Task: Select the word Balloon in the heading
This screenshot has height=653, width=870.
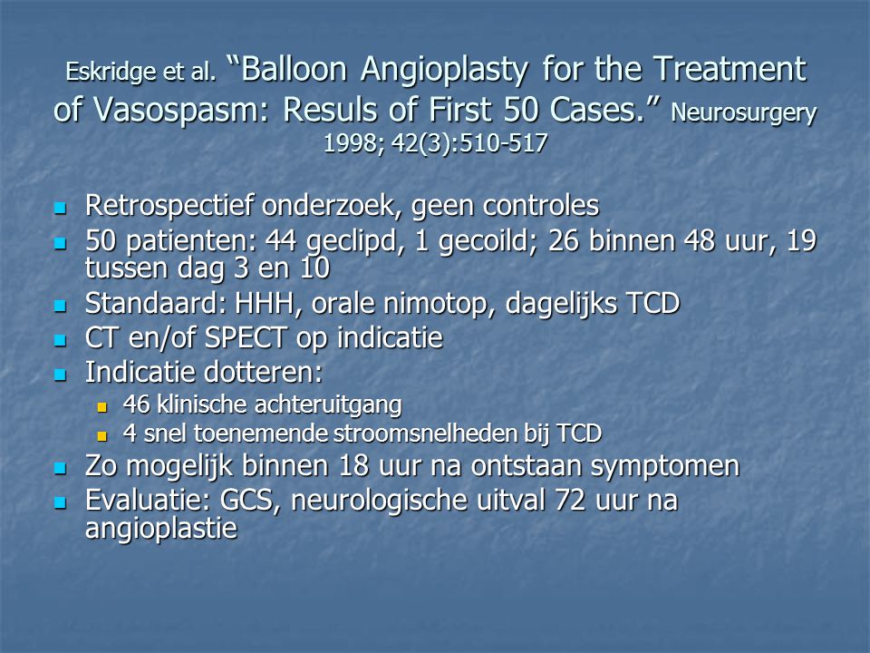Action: pos(295,69)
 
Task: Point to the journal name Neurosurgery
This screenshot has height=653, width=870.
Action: pos(743,112)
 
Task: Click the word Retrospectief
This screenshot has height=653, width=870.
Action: pos(169,207)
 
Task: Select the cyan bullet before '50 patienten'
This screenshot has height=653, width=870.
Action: pos(60,243)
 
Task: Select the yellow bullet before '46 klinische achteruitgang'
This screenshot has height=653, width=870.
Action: pos(101,407)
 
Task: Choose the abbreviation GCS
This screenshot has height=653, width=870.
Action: pos(246,501)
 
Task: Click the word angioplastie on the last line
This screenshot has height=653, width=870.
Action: pos(161,528)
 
